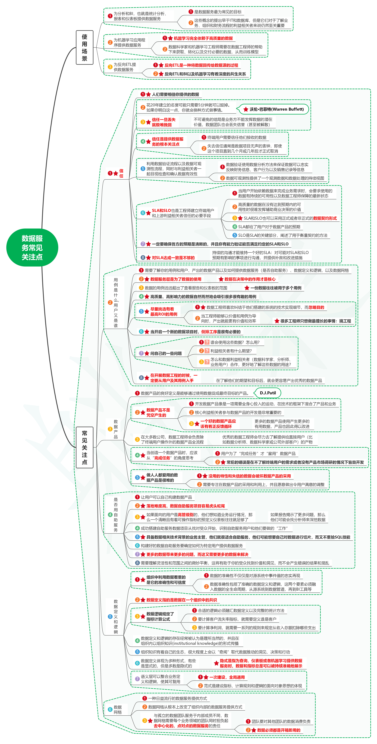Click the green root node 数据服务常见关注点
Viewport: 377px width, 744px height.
pyautogui.click(x=32, y=247)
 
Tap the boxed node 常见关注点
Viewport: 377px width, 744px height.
pyautogui.click(x=84, y=447)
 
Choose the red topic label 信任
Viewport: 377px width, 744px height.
pyautogui.click(x=121, y=173)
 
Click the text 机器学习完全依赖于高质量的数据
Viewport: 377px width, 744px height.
pyautogui.click(x=203, y=38)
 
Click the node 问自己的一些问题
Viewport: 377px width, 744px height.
pyautogui.click(x=166, y=353)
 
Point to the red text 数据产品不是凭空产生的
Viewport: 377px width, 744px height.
pyautogui.click(x=158, y=412)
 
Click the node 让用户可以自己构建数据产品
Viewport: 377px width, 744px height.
pyautogui.click(x=166, y=497)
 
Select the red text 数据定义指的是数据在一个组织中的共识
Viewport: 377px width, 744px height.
pyautogui.click(x=181, y=600)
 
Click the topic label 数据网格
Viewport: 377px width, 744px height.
pyautogui.click(x=118, y=710)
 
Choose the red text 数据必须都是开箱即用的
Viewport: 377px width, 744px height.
pyautogui.click(x=278, y=730)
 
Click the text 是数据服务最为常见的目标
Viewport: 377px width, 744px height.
pyautogui.click(x=218, y=12)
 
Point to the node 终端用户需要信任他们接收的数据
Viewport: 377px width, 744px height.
pyautogui.click(x=237, y=137)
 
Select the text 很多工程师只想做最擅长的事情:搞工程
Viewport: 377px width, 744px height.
pyautogui.click(x=315, y=321)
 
